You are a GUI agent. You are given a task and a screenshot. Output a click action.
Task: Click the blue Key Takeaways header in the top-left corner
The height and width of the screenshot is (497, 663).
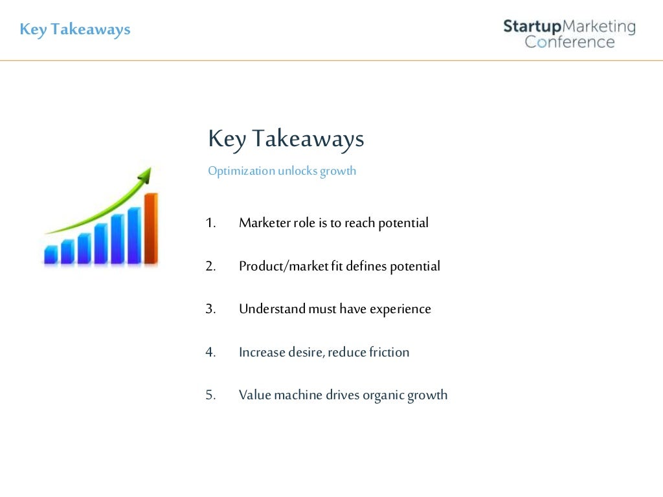tap(74, 30)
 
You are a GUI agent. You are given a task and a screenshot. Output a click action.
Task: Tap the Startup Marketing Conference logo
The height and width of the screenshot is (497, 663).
tap(569, 34)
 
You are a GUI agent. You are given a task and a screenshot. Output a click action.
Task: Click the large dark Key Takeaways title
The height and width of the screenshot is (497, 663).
tap(286, 139)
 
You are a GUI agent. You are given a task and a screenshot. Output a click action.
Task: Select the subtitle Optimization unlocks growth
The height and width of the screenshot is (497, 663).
tap(282, 171)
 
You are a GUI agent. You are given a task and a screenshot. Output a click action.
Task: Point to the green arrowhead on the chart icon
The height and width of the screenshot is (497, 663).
tap(146, 175)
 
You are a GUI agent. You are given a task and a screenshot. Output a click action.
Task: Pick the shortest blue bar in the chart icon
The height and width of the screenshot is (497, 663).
tap(51, 254)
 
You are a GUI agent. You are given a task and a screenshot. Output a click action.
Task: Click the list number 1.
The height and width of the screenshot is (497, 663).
tap(210, 223)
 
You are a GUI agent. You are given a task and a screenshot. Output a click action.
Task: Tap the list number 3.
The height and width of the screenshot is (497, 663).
tap(210, 309)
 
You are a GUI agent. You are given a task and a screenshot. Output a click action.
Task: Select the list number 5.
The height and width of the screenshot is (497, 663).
tap(210, 395)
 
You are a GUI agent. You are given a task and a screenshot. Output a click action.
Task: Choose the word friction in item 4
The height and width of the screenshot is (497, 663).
tap(389, 353)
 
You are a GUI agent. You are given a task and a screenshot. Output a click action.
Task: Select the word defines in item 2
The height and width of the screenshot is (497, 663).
tap(366, 267)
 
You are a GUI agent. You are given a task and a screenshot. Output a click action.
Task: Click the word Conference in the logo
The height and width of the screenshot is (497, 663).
tap(570, 43)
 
